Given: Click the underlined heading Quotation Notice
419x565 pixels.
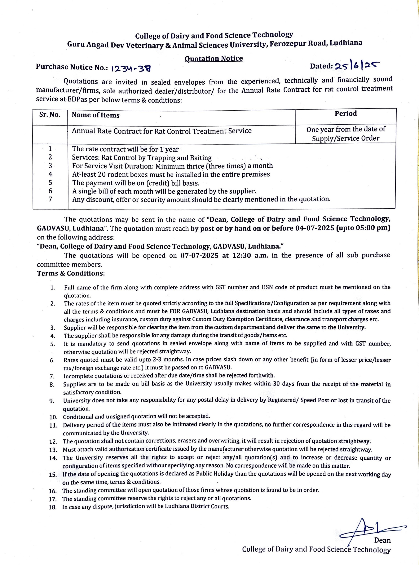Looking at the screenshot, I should coord(214,59).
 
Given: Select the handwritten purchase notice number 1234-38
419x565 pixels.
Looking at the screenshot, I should coord(131,68).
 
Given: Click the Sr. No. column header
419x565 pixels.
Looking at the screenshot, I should coord(50,115).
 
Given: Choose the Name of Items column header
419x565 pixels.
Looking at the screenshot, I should coord(96,115).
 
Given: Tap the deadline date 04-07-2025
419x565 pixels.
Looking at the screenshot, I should coord(314,228).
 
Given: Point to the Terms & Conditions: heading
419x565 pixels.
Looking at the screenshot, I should coord(71,273).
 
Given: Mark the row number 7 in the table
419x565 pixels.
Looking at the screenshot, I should coord(50,199).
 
